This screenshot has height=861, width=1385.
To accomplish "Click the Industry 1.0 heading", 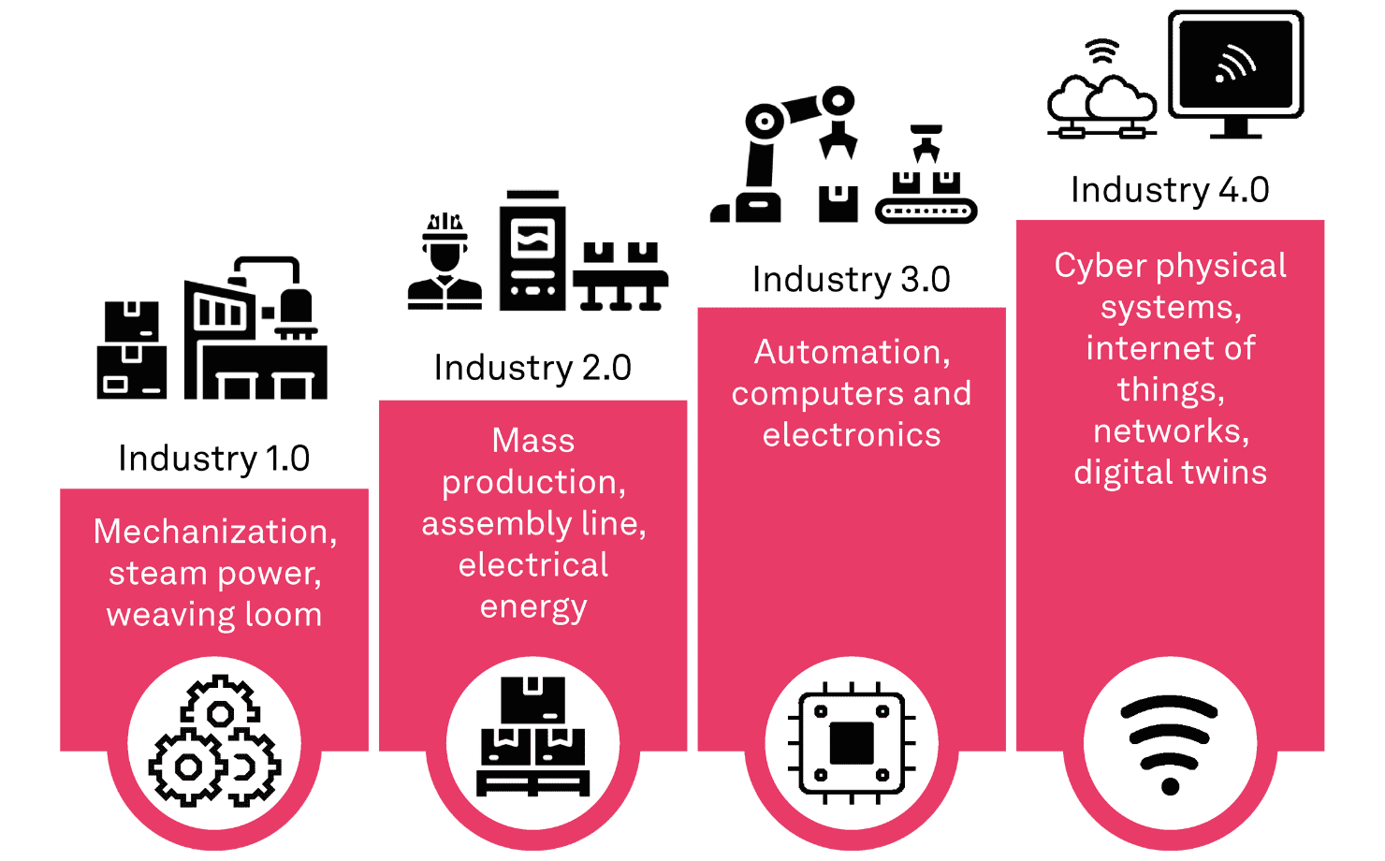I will pos(213,459).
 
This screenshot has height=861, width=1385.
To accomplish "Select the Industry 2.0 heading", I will pos(532,368).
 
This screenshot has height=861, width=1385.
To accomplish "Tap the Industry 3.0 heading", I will pos(851,279).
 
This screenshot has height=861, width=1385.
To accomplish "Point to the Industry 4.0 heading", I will pos(1170,190).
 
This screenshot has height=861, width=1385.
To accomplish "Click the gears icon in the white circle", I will pos(214,741).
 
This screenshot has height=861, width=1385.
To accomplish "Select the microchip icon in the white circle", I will pos(852,742).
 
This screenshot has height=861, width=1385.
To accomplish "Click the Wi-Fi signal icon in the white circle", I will pos(1170,742).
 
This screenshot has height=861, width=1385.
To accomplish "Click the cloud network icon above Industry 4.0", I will pos(1101,94).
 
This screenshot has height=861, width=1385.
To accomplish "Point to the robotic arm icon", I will pos(786,150).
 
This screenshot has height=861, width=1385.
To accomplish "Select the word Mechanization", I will pos(215,532).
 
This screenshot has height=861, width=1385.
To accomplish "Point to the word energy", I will pos(533,607).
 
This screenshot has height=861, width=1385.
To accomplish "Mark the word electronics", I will pos(852,435).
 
